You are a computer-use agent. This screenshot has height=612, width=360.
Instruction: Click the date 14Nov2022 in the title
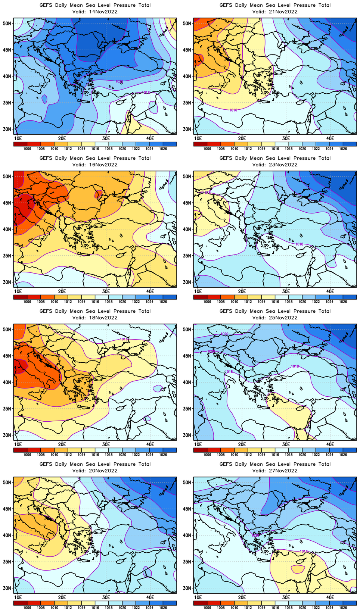pyautogui.click(x=103, y=12)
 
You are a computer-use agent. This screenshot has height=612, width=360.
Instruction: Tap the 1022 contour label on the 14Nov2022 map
pyautogui.click(x=120, y=81)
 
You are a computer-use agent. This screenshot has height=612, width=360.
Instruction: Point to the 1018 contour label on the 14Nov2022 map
pyautogui.click(x=146, y=92)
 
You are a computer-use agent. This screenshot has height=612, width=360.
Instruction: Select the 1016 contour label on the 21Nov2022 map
pyautogui.click(x=233, y=110)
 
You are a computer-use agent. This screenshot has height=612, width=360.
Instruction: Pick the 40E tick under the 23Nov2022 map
pyautogui.click(x=330, y=291)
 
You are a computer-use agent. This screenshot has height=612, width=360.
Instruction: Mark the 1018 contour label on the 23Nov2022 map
pyautogui.click(x=299, y=244)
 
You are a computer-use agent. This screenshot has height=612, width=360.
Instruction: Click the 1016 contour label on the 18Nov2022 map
pyautogui.click(x=124, y=339)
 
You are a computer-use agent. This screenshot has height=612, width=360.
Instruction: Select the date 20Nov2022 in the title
pyautogui.click(x=103, y=471)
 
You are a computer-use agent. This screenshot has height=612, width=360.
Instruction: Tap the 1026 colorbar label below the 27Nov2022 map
pyautogui.click(x=343, y=608)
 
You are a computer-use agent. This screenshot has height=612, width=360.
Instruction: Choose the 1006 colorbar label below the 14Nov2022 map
pyautogui.click(x=27, y=149)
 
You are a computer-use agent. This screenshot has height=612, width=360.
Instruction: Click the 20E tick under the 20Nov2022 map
pyautogui.click(x=62, y=597)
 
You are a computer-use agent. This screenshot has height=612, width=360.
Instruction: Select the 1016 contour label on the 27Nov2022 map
pyautogui.click(x=304, y=551)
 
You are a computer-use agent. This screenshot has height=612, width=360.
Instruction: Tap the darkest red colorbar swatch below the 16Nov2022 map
pyautogui.click(x=20, y=297)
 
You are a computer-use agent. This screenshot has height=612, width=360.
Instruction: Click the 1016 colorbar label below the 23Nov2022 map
pyautogui.click(x=275, y=302)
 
